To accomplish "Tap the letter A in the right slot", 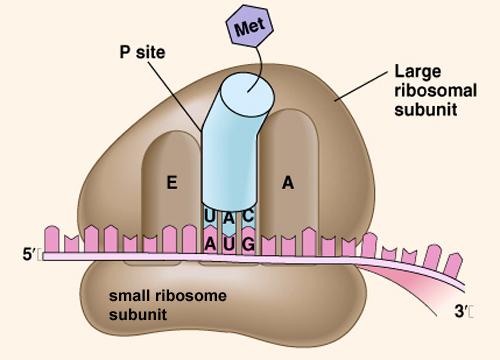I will tap(288, 183).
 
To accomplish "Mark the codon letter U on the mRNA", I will tap(230, 243).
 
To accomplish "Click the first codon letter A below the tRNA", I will tap(211, 243).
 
